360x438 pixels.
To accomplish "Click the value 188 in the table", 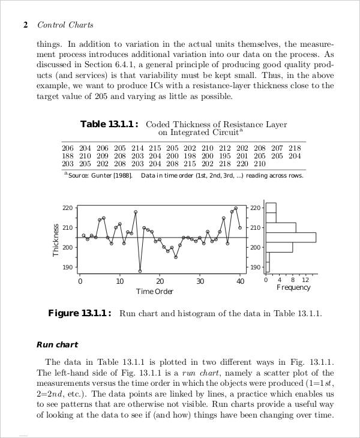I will [x=68, y=155].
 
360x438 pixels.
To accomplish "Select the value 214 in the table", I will [x=138, y=148].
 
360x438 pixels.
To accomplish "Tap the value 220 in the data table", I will [x=242, y=163].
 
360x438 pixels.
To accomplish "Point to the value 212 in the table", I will [x=224, y=148].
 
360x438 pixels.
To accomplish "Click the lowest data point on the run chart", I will [x=140, y=271].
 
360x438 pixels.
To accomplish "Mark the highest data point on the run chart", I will [x=236, y=208].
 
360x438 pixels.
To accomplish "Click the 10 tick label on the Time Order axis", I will [x=120, y=281].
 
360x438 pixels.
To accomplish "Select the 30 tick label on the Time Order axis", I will [x=200, y=281].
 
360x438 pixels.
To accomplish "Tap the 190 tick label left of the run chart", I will [x=67, y=267].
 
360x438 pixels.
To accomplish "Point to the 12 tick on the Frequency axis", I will [x=305, y=280].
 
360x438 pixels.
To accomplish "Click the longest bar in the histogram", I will [x=290, y=237].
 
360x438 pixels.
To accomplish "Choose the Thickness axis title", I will [x=56, y=240].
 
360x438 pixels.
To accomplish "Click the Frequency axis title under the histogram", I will [x=293, y=287].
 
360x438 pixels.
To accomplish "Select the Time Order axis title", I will [x=154, y=292].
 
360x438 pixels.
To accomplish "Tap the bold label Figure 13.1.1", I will [x=79, y=313].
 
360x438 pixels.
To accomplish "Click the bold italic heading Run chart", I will [x=57, y=344].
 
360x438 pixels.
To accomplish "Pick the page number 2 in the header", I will [x=25, y=25].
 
